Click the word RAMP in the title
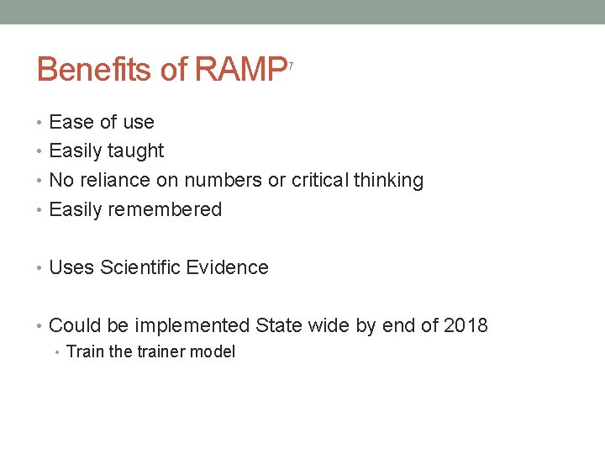click(x=240, y=70)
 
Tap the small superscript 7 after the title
click(x=291, y=65)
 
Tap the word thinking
click(x=389, y=181)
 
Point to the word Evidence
click(x=227, y=268)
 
